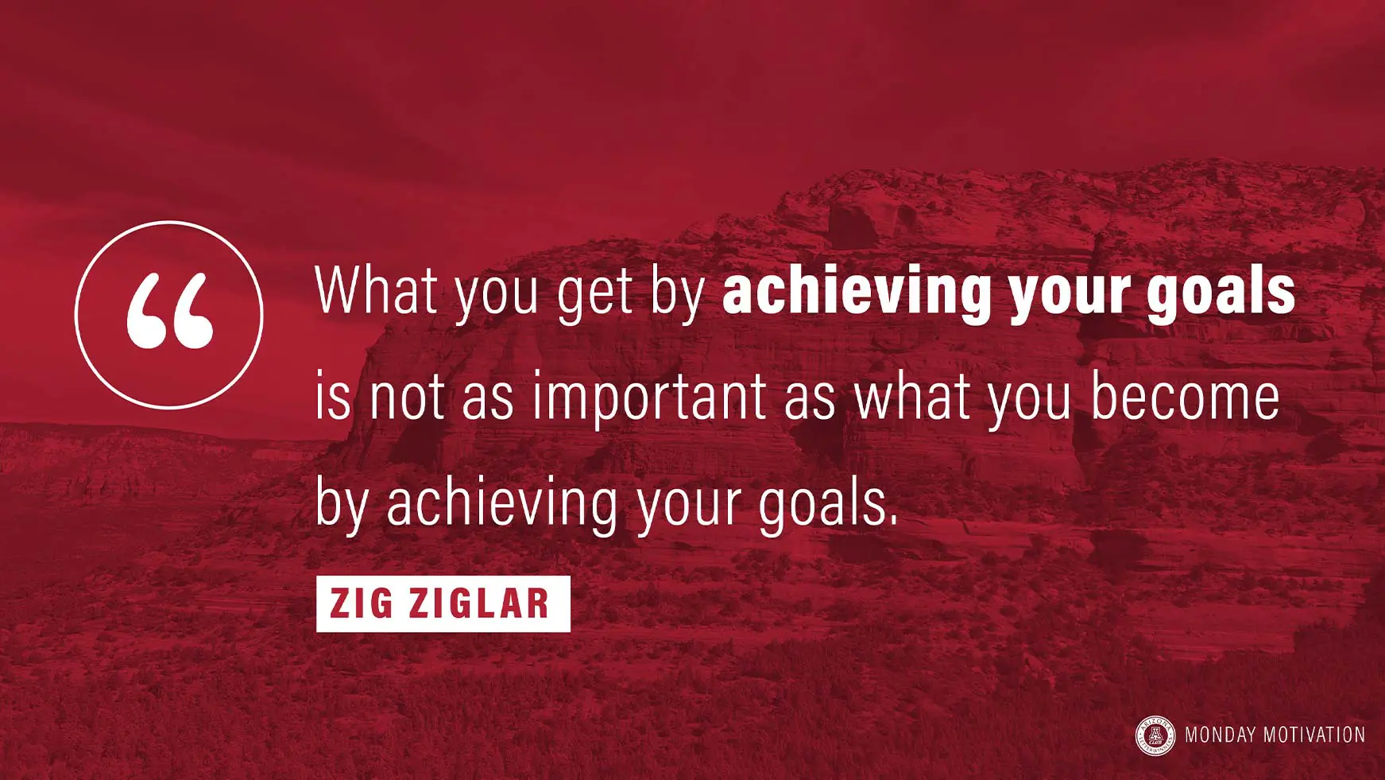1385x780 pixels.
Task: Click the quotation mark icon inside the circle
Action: (x=170, y=311)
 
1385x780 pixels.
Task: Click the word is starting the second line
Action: (x=333, y=395)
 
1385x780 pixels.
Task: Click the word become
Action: (x=1185, y=395)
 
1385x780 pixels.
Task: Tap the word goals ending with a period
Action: (x=829, y=506)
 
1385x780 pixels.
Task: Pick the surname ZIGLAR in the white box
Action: (x=478, y=603)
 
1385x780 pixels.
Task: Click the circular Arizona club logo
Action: (x=1155, y=735)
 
